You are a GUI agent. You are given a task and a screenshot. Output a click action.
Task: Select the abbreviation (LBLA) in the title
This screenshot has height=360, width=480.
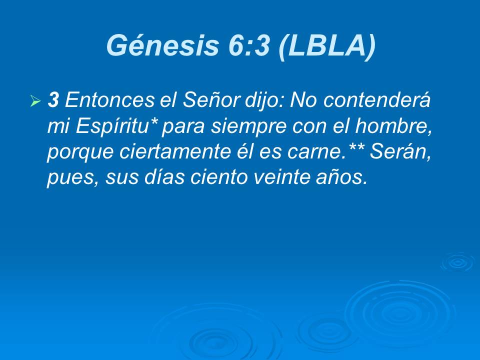(326, 46)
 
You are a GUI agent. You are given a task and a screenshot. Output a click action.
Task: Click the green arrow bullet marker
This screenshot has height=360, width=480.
(35, 102)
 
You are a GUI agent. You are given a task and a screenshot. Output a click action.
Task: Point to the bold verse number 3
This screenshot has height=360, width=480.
(53, 101)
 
